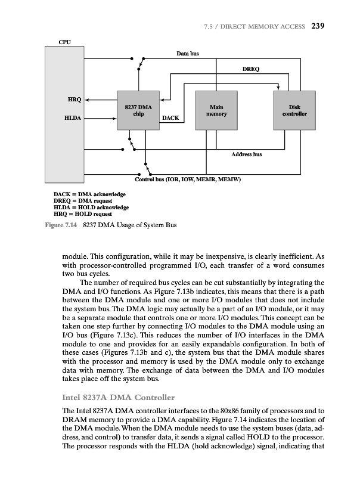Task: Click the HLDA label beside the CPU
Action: [x=74, y=118]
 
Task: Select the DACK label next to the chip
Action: [x=170, y=118]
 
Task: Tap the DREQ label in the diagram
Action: [x=250, y=69]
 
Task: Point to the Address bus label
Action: [x=246, y=154]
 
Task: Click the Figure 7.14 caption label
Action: [x=62, y=225]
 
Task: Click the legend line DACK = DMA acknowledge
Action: [x=89, y=194]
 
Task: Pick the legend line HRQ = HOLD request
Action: [x=83, y=213]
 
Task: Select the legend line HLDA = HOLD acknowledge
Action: [x=91, y=207]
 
